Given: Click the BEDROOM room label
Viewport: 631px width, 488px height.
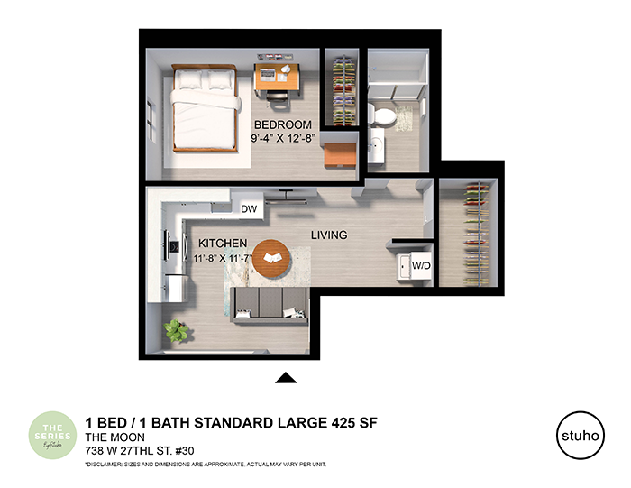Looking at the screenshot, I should tap(282, 124).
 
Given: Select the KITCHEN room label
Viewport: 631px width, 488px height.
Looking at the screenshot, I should tap(223, 244).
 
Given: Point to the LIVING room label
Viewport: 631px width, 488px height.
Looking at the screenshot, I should tap(329, 235).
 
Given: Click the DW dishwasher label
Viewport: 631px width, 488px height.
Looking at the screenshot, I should tap(249, 208).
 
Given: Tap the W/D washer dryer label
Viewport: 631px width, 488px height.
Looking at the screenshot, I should tap(421, 267).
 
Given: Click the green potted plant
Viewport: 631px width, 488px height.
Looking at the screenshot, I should tap(177, 331).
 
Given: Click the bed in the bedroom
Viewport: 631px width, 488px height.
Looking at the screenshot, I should tap(206, 108).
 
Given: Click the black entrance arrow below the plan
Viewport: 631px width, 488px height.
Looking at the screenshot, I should tap(286, 379).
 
